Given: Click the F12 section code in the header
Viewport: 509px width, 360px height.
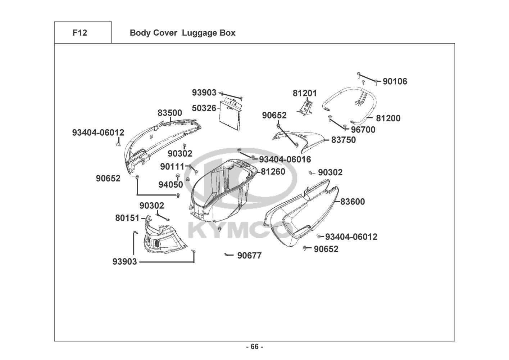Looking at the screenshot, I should point(79,33).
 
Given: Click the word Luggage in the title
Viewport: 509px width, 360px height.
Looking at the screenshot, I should point(197,33).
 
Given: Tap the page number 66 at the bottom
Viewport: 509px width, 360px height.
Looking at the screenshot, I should point(254,347).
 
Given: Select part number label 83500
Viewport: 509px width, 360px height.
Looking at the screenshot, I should point(170,113).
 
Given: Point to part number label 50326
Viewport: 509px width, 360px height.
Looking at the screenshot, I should point(204,108).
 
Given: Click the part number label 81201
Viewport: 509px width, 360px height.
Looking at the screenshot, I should point(305,93).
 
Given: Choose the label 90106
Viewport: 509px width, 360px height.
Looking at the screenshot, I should point(395,82).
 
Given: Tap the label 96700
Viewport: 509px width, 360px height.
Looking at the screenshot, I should point(363,130).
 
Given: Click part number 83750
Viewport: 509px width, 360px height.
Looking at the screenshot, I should point(344,140).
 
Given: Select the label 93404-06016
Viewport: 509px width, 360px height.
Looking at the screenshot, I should point(285,159).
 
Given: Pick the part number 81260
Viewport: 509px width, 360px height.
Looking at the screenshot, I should point(273,172).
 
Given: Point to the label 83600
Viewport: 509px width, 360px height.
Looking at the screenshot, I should point(353,202).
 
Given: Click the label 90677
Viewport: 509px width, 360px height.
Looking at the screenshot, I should point(249,256).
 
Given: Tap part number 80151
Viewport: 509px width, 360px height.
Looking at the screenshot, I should point(127,218).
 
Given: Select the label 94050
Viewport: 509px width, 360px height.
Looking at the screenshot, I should point(171,185).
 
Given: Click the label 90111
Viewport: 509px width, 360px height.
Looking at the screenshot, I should point(172,167).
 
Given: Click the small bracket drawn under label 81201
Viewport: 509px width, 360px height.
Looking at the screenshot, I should point(305,108).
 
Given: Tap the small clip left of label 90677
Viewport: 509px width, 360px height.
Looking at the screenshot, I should point(227,255).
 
